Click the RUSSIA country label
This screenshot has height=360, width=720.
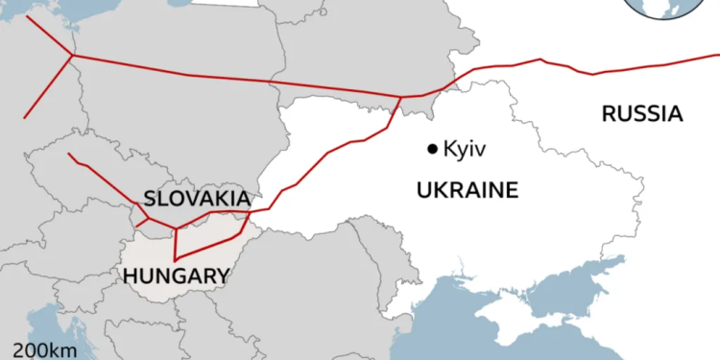pos(641,114)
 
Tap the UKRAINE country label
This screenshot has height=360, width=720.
pos(467,190)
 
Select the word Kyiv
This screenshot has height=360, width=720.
pos(466,149)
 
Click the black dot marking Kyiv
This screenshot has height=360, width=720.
pos(433,148)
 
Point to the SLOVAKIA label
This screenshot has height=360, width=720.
pos(197,199)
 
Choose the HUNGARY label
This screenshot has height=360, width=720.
pos(177,276)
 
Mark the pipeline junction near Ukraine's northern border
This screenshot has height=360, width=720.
pos(399,97)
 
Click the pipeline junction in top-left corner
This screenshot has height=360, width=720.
pos(72,56)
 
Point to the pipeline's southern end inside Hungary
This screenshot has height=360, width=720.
pos(175,260)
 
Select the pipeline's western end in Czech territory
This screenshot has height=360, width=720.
pos(69,154)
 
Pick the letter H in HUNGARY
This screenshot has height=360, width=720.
pos(132,276)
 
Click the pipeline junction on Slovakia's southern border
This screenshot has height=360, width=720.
pos(176,228)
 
